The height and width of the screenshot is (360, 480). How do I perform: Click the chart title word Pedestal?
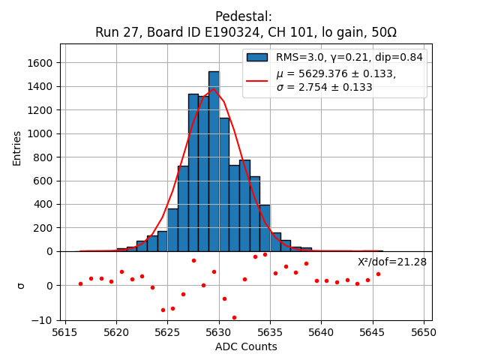243,16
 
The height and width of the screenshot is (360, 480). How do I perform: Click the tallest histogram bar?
214,161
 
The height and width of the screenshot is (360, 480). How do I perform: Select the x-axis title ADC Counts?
246,346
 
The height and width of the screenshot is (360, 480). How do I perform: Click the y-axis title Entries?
17,148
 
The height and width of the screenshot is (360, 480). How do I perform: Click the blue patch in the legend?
257,57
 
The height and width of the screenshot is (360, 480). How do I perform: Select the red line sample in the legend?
257,79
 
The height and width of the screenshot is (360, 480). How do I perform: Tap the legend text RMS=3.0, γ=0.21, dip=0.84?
349,57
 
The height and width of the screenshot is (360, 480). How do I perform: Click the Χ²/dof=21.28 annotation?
391,262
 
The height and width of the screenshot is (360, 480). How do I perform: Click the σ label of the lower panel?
20,286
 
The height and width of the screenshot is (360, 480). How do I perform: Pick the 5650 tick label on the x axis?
424,332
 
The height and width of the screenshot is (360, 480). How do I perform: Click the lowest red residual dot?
234,317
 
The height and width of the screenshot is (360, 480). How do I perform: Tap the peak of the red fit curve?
214,89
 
